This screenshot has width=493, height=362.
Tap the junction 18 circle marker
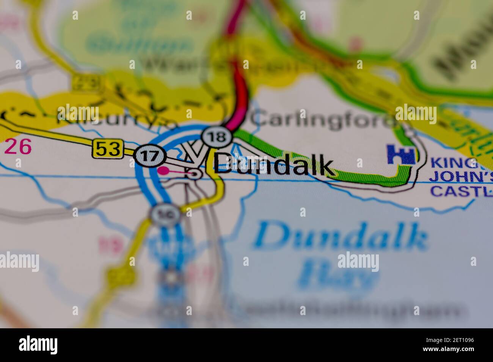[x=217, y=137]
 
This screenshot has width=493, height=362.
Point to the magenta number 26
[x=18, y=147]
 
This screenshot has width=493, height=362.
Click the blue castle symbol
[x=400, y=154]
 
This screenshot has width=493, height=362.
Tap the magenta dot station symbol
[x=163, y=171]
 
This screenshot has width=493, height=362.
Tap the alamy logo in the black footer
[x=38, y=345]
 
